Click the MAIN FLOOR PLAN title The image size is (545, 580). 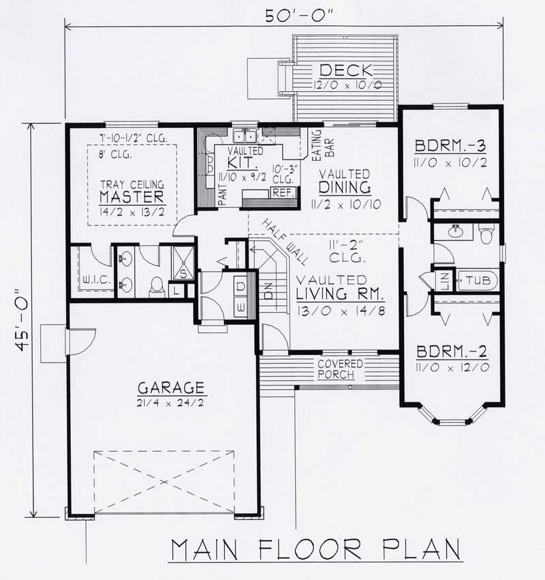point(316,550)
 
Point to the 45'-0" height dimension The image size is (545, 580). point(25,320)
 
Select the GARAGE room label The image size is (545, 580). point(171,388)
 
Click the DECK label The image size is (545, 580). point(347,70)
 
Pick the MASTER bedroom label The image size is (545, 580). point(132,197)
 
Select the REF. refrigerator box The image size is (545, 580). point(282,192)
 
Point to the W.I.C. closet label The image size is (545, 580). point(92,279)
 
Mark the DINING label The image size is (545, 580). point(347,187)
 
